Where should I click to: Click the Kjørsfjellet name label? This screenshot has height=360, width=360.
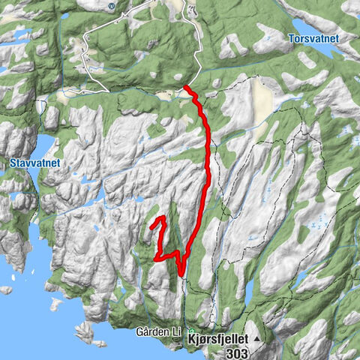tap(217, 338)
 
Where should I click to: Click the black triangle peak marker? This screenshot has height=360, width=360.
tap(256, 339)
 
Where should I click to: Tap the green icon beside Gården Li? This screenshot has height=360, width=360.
tap(190, 331)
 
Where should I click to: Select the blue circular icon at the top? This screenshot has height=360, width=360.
tap(112, 6)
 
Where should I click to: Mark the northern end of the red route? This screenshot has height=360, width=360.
tap(185, 88)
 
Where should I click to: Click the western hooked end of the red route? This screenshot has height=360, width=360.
tap(152, 224)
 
